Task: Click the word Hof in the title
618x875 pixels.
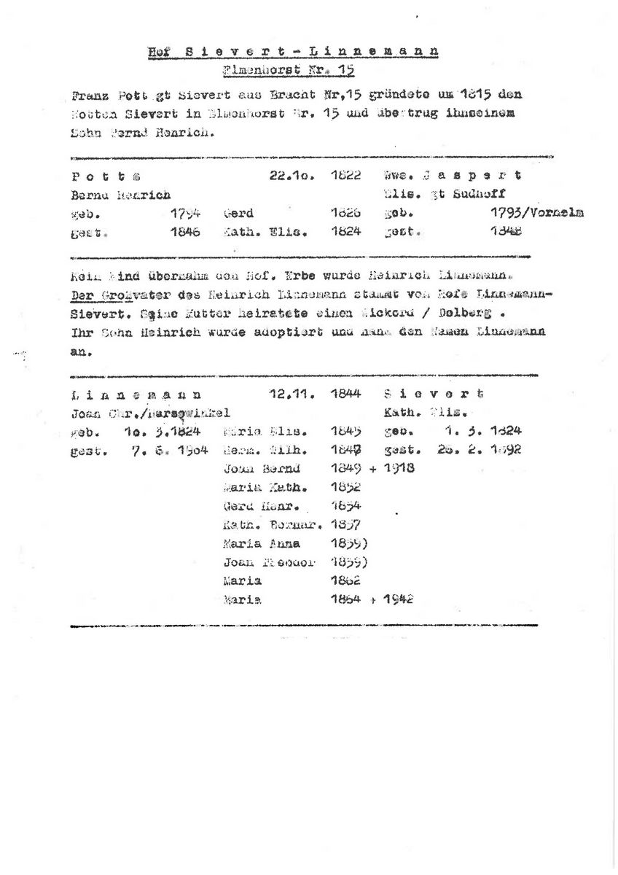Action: point(154,52)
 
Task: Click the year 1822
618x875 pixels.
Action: point(345,176)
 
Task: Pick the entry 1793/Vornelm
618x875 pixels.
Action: point(538,214)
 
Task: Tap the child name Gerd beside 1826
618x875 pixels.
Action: point(238,214)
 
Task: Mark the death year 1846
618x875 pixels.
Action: point(185,233)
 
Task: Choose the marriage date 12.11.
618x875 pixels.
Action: point(291,395)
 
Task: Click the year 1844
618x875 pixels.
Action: point(345,395)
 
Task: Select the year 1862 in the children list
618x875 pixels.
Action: point(345,580)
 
